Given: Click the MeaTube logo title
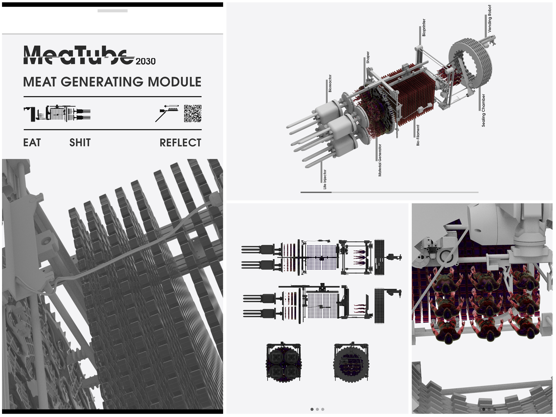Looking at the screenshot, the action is tap(79, 55).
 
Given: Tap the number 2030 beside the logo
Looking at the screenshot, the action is tap(145, 61).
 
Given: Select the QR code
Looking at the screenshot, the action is tap(193, 113).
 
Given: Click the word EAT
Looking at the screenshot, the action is tap(32, 143).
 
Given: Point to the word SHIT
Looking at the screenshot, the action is tap(80, 143).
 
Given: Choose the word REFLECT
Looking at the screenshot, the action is tap(180, 143).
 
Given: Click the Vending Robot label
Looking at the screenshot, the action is tap(489, 19).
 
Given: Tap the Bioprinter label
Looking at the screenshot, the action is tap(424, 28).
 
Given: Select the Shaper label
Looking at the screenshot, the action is tap(368, 57).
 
